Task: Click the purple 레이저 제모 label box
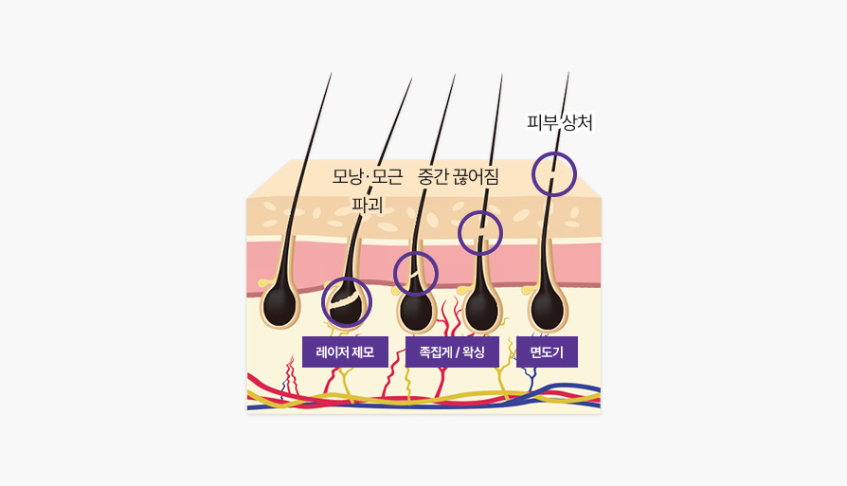tap(345, 352)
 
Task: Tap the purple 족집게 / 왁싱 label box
tap(452, 352)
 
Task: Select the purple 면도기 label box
tap(547, 352)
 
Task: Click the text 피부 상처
tap(560, 122)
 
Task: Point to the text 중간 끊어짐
tap(458, 176)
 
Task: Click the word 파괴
tap(368, 205)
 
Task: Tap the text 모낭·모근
tap(368, 176)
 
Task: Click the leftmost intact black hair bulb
tap(279, 306)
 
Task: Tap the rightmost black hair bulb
tap(548, 309)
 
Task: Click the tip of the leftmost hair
tap(332, 74)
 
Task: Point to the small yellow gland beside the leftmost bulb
tap(263, 282)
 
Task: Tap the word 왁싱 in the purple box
tap(474, 352)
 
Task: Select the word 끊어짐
tap(476, 176)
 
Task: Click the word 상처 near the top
tap(577, 122)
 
